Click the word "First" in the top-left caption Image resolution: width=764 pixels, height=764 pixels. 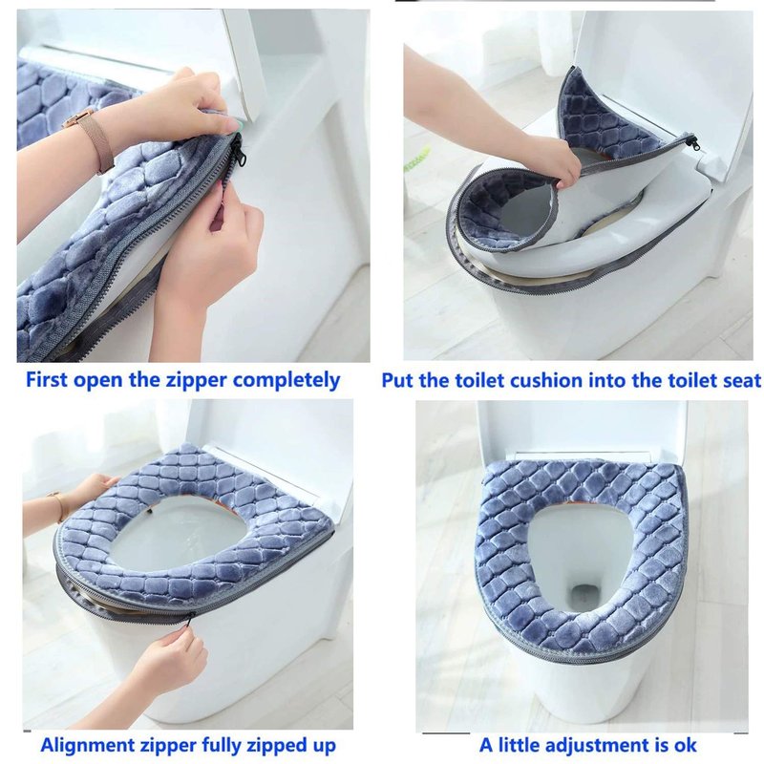[x=45, y=379]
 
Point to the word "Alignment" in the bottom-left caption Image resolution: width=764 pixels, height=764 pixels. [x=87, y=746]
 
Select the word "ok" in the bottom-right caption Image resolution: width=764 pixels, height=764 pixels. [x=686, y=746]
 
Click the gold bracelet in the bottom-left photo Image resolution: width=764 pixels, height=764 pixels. [x=60, y=508]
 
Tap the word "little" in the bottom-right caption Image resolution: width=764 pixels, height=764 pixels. [x=518, y=746]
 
